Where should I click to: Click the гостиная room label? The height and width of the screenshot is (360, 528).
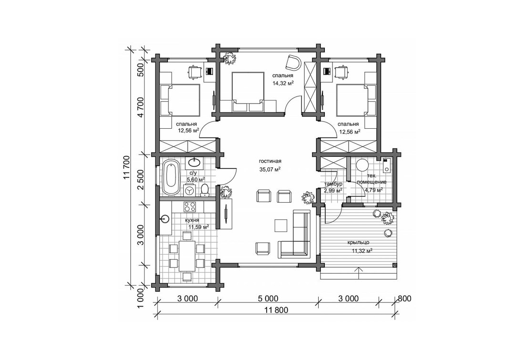pyautogui.click(x=270, y=161)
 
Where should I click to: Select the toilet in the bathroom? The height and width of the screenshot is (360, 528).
pyautogui.click(x=205, y=190)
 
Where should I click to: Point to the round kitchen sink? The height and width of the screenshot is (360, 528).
pyautogui.click(x=165, y=219)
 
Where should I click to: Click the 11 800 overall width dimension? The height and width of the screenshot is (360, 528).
pyautogui.click(x=275, y=310)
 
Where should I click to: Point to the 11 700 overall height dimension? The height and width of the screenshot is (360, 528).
pyautogui.click(x=126, y=168)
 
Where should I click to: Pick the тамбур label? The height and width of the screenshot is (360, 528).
pyautogui.click(x=333, y=184)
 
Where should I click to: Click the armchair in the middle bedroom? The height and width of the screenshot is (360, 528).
pyautogui.click(x=293, y=62)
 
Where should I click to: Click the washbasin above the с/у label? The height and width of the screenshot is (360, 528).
pyautogui.click(x=195, y=163)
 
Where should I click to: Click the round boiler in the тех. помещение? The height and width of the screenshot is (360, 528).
pyautogui.click(x=363, y=166)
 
